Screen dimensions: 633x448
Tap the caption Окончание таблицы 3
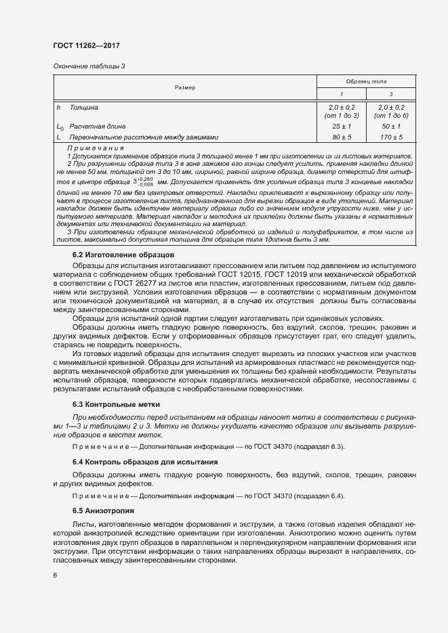[x=89, y=66]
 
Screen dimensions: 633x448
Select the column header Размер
[x=184, y=87]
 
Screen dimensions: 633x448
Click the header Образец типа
[x=366, y=81]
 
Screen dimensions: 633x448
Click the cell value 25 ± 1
[x=342, y=127]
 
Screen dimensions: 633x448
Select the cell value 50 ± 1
[x=392, y=127]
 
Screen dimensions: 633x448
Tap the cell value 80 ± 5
[x=342, y=137]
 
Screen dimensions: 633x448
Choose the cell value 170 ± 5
[x=392, y=137]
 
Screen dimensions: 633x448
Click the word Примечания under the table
[x=96, y=148]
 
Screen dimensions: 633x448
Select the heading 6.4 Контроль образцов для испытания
[x=145, y=462]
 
